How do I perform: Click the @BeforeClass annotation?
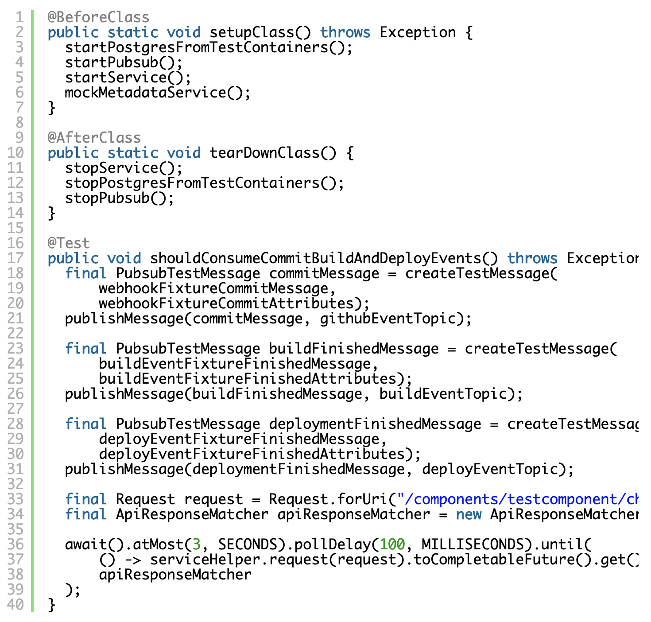coord(98,17)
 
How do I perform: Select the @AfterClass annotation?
coord(94,137)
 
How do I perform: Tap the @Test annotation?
coord(69,243)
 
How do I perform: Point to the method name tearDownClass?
coord(265,153)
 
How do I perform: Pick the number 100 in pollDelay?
coord(392,544)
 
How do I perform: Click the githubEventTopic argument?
coord(388,319)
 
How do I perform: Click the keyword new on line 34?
coord(469,514)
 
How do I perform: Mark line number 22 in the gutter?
coord(15,334)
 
